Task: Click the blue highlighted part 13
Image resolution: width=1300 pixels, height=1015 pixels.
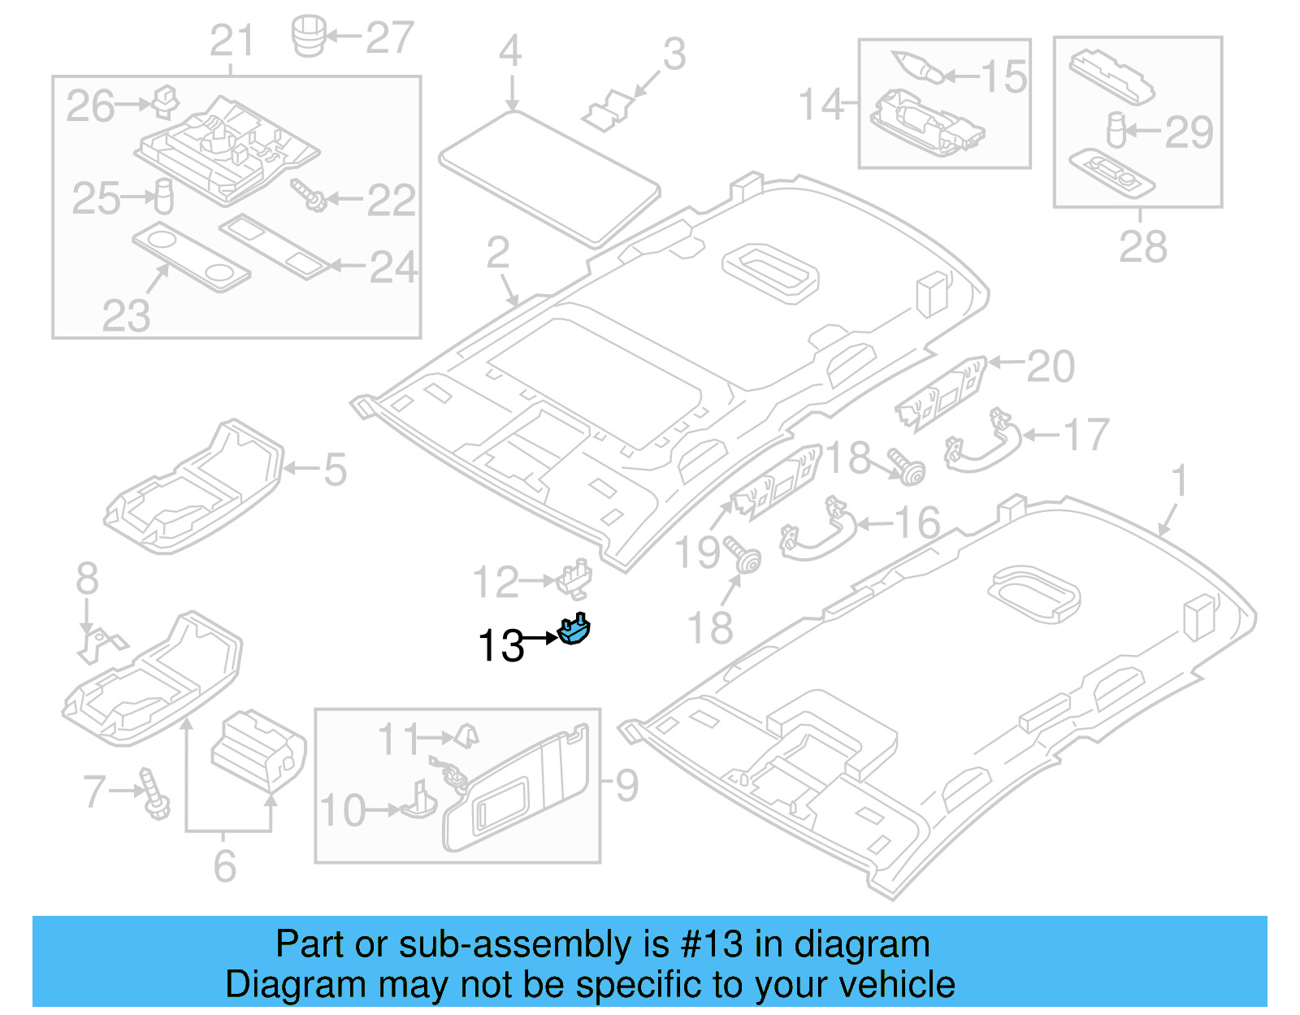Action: (x=574, y=631)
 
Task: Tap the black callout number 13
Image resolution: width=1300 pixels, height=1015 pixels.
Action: (x=500, y=647)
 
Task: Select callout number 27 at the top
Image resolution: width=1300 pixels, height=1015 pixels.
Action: (x=390, y=37)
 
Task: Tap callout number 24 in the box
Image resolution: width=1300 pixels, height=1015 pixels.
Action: (x=393, y=267)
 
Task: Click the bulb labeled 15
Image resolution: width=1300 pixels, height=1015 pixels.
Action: (x=918, y=66)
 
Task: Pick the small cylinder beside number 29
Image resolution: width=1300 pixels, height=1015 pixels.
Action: (x=1116, y=130)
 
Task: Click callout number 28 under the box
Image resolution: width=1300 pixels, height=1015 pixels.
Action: (x=1142, y=246)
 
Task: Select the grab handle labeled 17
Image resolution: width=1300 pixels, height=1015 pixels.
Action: (x=982, y=444)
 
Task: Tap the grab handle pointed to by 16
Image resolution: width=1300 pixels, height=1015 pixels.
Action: (x=817, y=533)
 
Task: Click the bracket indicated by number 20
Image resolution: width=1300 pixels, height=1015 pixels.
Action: (x=940, y=395)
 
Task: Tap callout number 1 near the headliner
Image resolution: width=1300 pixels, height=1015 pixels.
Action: (x=1180, y=480)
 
